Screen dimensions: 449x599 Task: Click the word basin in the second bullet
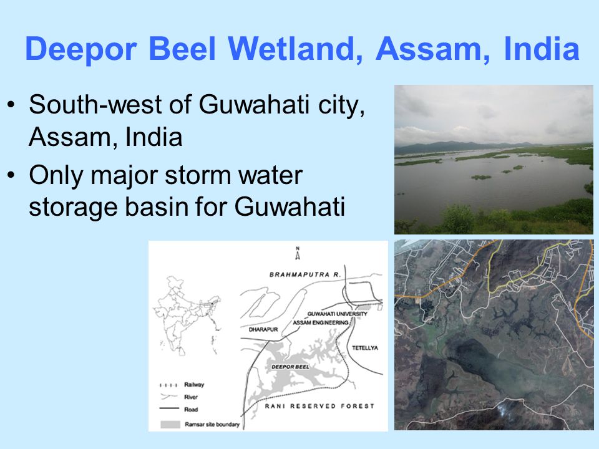(x=168, y=208)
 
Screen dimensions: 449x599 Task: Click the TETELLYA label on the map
(x=365, y=347)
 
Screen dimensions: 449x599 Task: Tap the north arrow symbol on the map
(x=298, y=253)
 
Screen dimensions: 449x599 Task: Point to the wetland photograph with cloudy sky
(x=494, y=159)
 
